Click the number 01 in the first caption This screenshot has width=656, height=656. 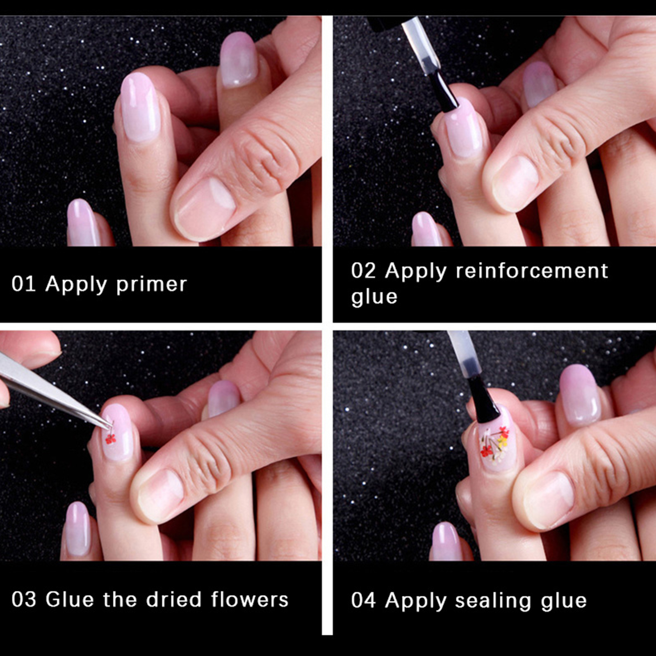(x=24, y=284)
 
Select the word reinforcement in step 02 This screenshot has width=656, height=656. (x=532, y=271)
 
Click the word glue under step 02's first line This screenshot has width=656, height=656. (x=374, y=297)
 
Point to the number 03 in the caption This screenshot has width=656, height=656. (x=24, y=599)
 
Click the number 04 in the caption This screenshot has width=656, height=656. (x=363, y=601)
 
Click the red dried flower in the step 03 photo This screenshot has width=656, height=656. (x=110, y=439)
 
